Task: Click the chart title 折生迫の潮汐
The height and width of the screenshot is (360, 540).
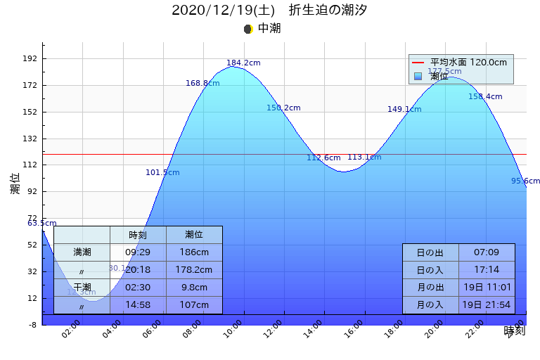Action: (x=328, y=11)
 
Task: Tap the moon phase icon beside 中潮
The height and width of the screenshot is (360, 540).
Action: (x=247, y=29)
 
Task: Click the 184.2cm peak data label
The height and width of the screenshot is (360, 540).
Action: (x=243, y=63)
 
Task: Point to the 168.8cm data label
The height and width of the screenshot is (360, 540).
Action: (x=202, y=84)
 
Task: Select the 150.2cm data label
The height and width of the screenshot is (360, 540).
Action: (x=283, y=108)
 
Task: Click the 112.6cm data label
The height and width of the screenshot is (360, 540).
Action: (x=323, y=158)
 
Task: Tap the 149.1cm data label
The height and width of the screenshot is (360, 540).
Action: (x=404, y=110)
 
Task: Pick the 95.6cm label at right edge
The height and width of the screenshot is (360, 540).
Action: (x=525, y=181)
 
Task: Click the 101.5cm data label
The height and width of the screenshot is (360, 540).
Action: (x=162, y=173)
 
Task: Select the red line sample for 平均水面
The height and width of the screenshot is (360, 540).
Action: (x=418, y=63)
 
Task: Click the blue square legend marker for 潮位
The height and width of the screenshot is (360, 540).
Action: (x=418, y=76)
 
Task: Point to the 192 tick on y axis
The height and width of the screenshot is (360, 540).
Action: (x=30, y=59)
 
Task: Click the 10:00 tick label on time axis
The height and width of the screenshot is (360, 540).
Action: (x=233, y=329)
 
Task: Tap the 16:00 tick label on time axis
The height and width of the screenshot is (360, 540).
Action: (x=355, y=329)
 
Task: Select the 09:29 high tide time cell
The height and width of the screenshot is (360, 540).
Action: (x=138, y=252)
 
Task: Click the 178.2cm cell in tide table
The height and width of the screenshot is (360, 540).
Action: (x=194, y=270)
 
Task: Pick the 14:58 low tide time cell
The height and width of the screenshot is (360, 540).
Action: (x=138, y=305)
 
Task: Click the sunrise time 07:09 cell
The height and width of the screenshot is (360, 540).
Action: (x=487, y=252)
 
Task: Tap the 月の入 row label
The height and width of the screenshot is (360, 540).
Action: (x=430, y=305)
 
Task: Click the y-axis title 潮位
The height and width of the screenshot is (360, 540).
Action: (x=15, y=184)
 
